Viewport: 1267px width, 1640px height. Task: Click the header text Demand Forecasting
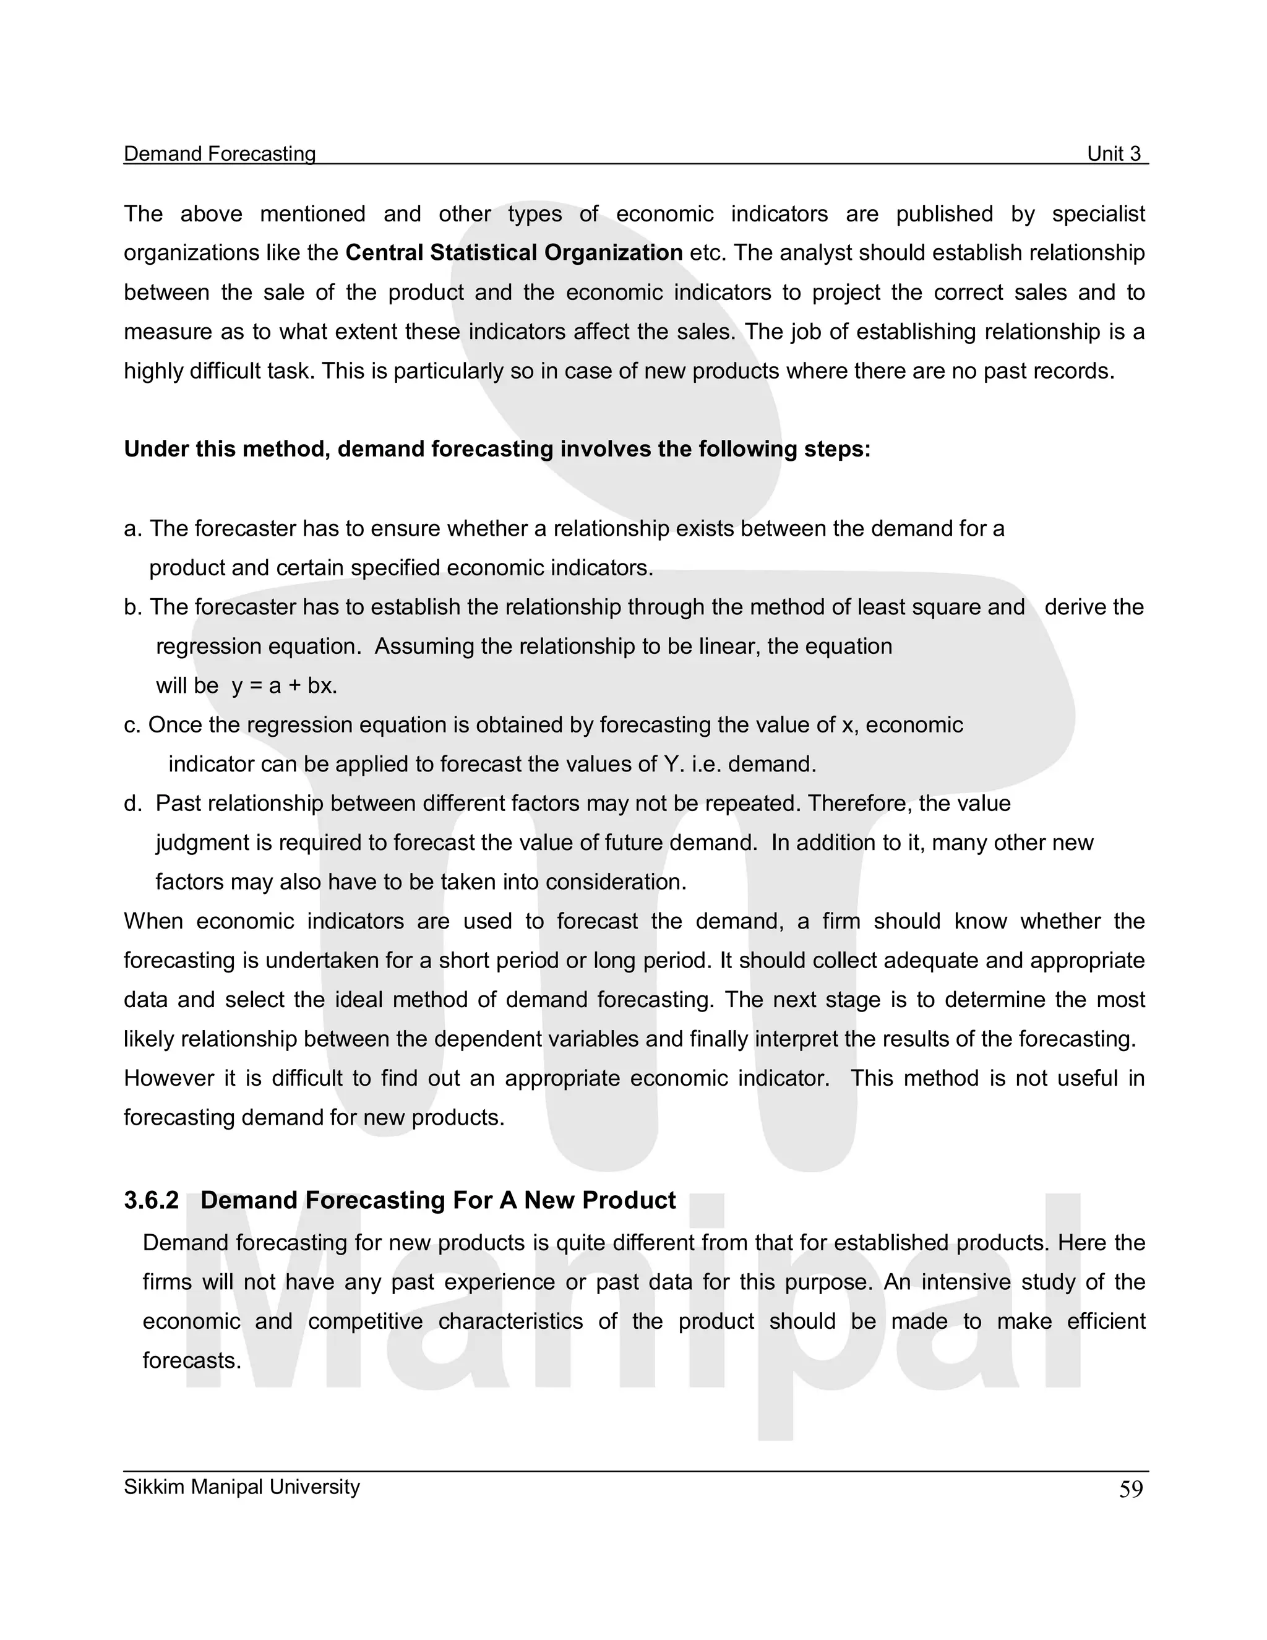tap(219, 154)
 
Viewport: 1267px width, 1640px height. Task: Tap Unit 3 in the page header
tap(1114, 154)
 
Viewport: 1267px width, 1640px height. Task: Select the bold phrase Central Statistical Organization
tap(513, 253)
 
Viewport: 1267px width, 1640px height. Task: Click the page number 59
tap(1130, 1490)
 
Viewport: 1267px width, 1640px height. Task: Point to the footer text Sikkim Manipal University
tap(242, 1487)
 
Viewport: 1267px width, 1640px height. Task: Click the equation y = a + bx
tap(285, 686)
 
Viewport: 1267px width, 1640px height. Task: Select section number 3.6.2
tap(152, 1201)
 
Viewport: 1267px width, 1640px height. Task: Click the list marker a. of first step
tap(132, 529)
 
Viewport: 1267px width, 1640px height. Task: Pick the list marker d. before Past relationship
tap(132, 804)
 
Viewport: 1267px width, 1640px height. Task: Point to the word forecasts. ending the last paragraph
tap(192, 1360)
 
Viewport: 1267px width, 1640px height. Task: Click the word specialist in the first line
tap(1098, 214)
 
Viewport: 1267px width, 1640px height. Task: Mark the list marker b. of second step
tap(132, 607)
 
